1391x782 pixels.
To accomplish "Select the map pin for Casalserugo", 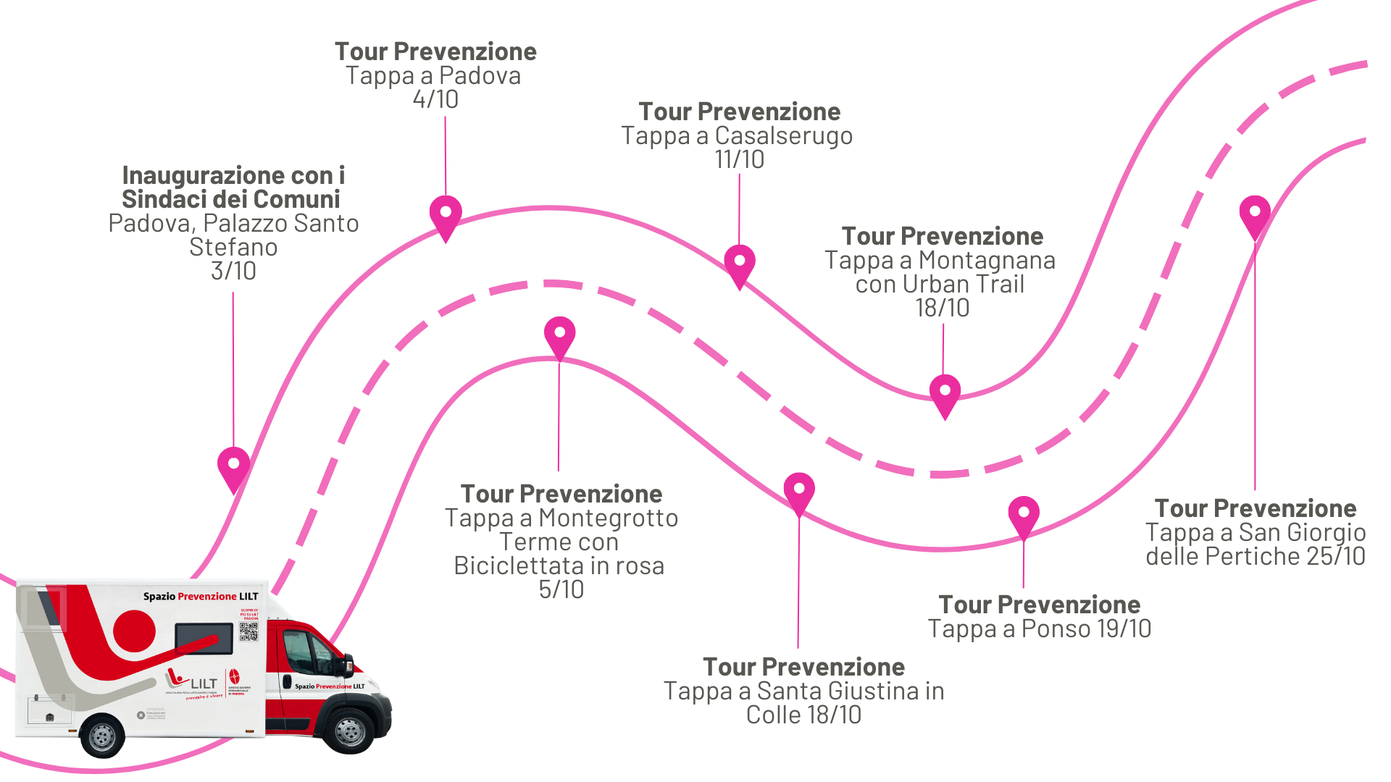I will coord(739,261).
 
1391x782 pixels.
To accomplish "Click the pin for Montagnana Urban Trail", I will coord(945,392).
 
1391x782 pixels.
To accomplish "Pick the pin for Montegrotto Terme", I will coord(560,334).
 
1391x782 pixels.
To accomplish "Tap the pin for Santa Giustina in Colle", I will coord(799,490).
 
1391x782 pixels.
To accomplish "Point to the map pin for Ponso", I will coord(1023,513).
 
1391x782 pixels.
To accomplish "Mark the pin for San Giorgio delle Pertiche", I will coord(1255,213).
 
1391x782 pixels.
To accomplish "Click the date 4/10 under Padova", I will coord(435,99).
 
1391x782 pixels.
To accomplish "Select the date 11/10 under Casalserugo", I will coord(739,159).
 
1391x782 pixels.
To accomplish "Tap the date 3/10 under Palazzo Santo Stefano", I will coord(233,271).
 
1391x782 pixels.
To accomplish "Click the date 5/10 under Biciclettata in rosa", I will coord(561,589).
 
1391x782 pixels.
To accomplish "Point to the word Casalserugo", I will coord(783,135).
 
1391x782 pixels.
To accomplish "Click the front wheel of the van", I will coord(350,730).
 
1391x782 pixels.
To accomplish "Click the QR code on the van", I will coord(248,631).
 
